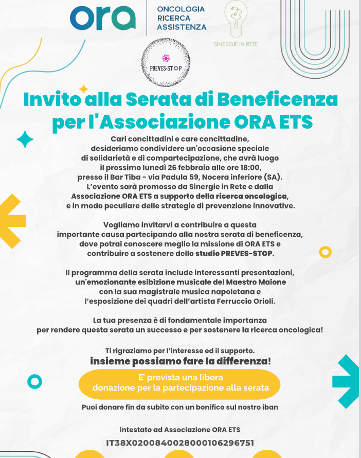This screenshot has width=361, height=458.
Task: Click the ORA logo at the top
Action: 103,18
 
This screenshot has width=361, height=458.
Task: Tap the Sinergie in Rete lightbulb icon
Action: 236,21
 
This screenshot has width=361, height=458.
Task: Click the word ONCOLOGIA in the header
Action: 180,9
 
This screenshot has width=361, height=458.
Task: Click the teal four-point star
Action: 25,139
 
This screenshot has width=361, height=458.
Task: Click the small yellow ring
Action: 325,252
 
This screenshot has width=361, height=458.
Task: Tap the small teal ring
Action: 34,381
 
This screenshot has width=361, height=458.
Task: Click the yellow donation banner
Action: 179,383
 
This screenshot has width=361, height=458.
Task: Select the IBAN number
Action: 180,443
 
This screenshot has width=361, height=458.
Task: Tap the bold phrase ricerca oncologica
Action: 252,196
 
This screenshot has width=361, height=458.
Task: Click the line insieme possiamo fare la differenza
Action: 180,362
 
